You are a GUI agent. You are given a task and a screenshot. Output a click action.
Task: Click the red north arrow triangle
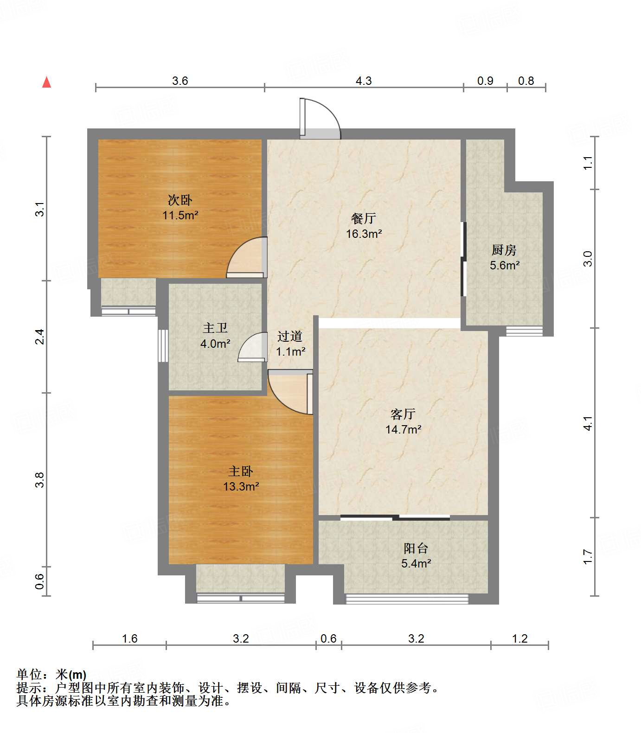46,83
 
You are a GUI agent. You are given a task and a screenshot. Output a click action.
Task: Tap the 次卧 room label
180,200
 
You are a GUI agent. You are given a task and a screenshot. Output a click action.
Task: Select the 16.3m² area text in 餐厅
364,234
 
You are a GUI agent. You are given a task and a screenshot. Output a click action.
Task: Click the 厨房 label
504,250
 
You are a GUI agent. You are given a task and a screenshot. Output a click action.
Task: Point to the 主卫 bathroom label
215,328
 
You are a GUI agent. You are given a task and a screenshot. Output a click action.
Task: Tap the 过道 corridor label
290,336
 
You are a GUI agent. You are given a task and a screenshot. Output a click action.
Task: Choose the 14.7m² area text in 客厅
403,430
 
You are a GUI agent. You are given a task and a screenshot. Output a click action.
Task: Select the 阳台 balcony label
416,548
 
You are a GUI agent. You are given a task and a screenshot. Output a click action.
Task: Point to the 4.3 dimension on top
364,81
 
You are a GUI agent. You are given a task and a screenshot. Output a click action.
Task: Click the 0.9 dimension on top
485,81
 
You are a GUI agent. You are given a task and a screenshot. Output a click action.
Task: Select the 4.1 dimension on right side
588,423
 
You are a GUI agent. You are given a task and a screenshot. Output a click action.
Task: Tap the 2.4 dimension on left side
41,336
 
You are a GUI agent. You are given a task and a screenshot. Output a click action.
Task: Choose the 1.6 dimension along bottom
130,639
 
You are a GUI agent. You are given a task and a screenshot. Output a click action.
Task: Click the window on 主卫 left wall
163,345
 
